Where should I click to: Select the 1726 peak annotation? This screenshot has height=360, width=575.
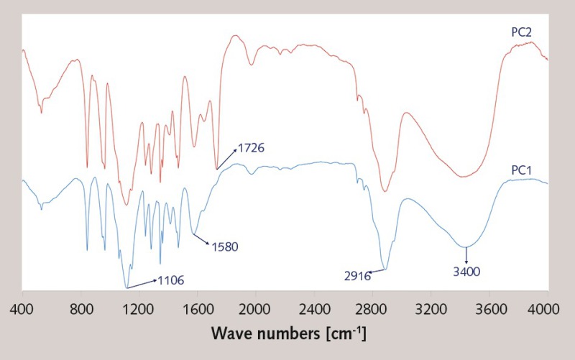click(252, 148)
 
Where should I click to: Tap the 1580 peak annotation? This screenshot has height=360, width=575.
click(224, 246)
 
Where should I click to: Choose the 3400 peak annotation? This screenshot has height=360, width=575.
click(466, 272)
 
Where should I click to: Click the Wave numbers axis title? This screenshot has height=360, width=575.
click(288, 334)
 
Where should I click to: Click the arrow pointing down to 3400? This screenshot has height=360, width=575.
click(466, 255)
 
